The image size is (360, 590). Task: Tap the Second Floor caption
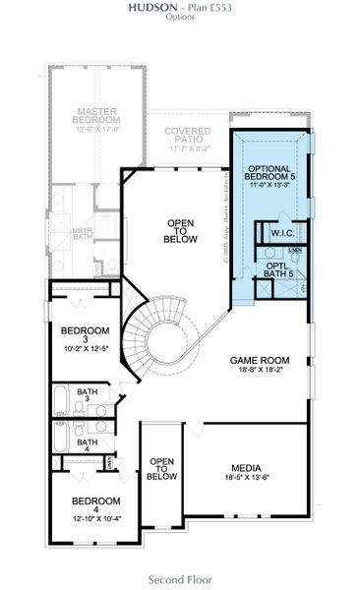click(x=180, y=579)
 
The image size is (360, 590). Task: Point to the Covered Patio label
click(x=187, y=137)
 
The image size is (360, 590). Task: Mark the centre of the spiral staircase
click(x=159, y=344)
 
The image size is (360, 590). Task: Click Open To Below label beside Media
click(x=161, y=468)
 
